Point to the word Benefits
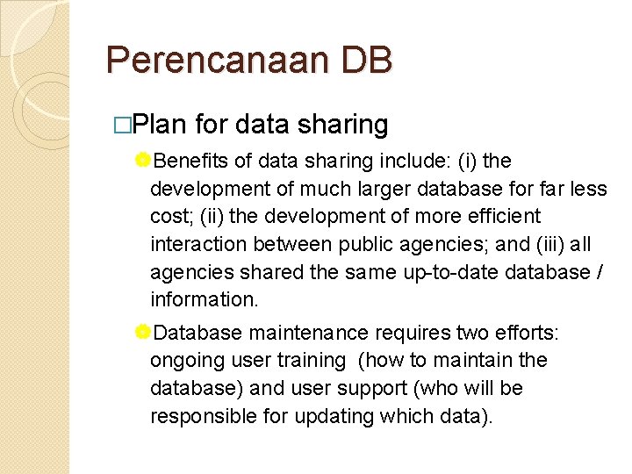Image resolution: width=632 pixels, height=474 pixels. [190, 162]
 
